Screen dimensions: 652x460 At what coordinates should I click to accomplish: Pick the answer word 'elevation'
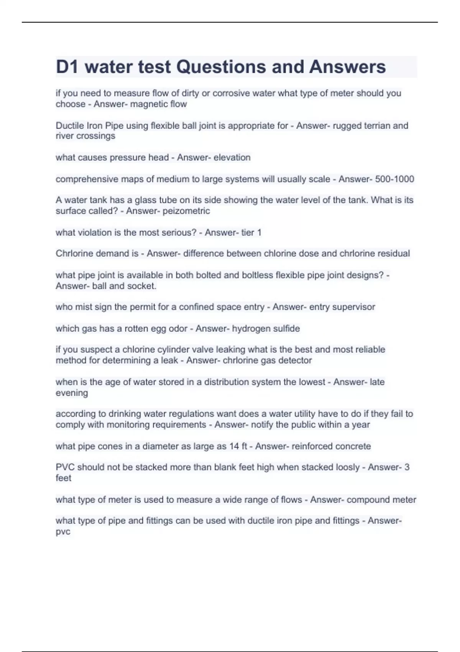(232, 157)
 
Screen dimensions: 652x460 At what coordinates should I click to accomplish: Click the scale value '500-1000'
(395, 179)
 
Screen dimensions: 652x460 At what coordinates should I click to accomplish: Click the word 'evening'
(72, 393)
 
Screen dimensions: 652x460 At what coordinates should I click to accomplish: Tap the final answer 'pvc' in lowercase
(63, 532)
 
